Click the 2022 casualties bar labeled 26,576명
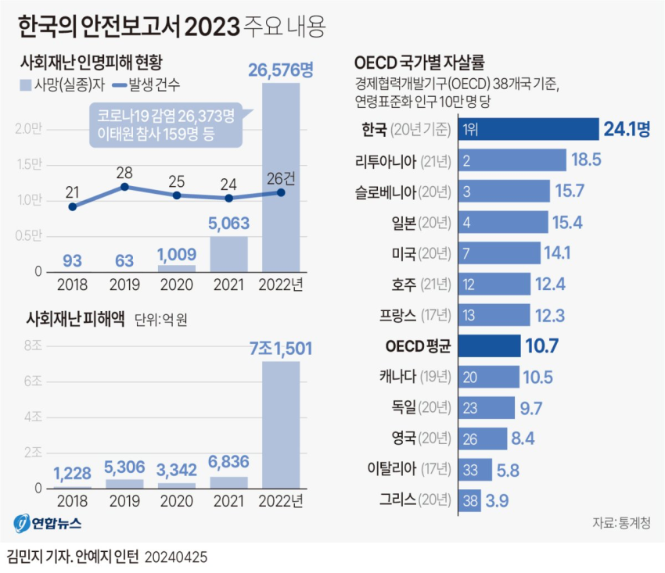coord(281,177)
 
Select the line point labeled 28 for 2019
coord(124,187)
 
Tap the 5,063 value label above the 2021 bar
coord(228,224)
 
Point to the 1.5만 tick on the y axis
coord(29,164)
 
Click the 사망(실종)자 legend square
coord(26,85)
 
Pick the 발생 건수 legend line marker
coord(120,85)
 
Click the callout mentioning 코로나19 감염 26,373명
coord(165,125)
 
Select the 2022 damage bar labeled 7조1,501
coord(281,425)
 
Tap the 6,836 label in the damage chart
coord(228,461)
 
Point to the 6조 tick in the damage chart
coord(33,381)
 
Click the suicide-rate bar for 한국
coord(528,129)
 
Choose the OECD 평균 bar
coord(490,346)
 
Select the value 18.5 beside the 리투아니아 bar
coord(586,159)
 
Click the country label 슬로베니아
coord(386,192)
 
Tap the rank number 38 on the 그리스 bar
coord(470,501)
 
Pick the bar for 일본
coord(503,222)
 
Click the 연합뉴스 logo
coord(47,524)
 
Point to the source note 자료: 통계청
coord(621,523)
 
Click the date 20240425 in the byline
coord(175,557)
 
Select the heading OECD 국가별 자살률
coord(419,63)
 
